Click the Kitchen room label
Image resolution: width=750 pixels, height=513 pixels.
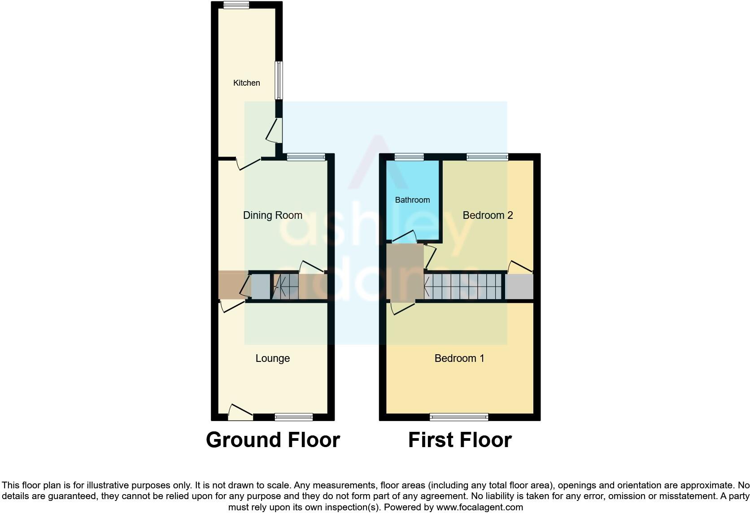246,83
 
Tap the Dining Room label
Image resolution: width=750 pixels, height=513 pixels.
272,215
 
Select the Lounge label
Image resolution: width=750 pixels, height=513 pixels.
272,358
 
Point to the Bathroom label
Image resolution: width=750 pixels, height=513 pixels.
412,200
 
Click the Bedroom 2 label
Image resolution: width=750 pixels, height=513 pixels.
488,215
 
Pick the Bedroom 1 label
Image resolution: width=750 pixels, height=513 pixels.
459,358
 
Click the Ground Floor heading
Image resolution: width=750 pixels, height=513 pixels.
273,440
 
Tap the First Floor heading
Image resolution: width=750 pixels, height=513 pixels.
460,440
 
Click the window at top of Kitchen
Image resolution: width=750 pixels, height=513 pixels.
236,5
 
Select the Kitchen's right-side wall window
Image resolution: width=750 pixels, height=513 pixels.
279,80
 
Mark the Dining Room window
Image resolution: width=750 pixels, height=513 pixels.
306,157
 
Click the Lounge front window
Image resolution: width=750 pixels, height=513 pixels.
294,417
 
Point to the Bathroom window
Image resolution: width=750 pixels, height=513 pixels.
409,157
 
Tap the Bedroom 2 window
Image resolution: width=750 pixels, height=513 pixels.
487,157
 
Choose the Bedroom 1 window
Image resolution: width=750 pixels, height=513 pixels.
459,417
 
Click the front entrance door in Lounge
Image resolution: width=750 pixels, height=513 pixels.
240,413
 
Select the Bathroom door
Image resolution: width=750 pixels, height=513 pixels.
404,238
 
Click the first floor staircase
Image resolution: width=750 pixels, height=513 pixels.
463,287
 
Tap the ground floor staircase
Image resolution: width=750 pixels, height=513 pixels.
285,287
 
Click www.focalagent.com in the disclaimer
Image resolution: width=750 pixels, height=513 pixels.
480,507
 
